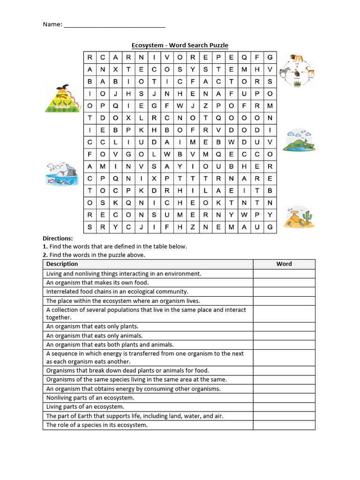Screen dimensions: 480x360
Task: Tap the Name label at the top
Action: (x=52, y=24)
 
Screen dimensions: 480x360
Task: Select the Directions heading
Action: (x=58, y=238)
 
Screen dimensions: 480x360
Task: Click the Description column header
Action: (x=62, y=264)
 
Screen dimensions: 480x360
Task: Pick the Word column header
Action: (x=284, y=264)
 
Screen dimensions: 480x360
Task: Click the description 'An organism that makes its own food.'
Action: (x=97, y=283)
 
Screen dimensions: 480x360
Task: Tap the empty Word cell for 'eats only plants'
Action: (x=284, y=327)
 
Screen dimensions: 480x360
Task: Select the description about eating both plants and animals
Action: (x=110, y=345)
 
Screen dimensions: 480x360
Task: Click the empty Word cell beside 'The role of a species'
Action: (x=284, y=425)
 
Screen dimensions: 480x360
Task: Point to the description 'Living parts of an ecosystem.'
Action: (x=85, y=407)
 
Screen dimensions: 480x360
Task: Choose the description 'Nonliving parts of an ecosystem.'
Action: (x=90, y=398)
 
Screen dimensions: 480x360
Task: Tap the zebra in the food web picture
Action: (x=285, y=72)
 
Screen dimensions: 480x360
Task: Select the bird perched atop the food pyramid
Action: (x=62, y=89)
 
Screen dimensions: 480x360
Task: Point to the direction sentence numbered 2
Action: (x=94, y=255)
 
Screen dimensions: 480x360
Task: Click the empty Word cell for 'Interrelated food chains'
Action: (x=284, y=292)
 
